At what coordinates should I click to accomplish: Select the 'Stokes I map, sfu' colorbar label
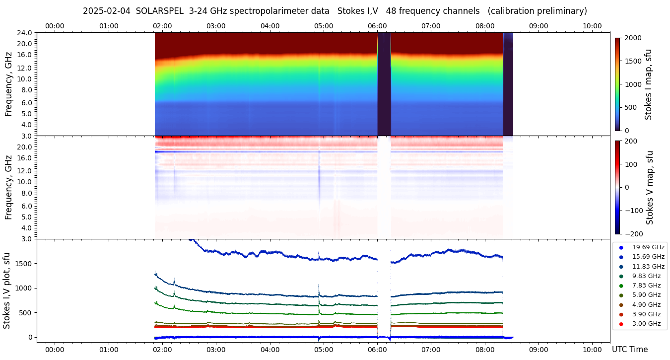pos(648,84)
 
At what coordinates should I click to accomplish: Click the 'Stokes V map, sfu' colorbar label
pos(649,188)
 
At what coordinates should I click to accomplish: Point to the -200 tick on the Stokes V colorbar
pos(633,234)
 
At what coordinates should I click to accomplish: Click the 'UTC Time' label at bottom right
pos(630,350)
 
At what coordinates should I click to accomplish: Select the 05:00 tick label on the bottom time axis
pos(324,350)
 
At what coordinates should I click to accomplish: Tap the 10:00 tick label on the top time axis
pos(592,26)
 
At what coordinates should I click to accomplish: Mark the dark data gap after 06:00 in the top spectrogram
pos(384,83)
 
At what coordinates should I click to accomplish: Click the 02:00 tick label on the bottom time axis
pos(162,350)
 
